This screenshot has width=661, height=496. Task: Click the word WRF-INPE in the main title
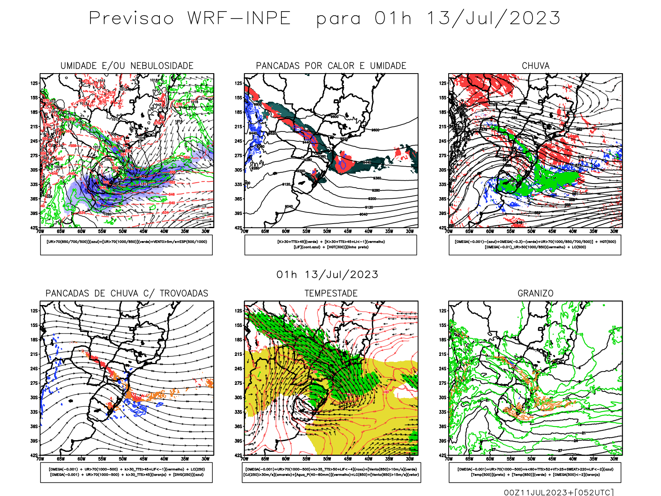tap(239, 19)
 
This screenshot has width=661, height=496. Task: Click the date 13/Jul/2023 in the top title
tap(493, 19)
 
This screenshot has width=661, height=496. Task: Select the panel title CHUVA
tap(535, 66)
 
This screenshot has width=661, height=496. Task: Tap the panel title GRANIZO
tap(535, 293)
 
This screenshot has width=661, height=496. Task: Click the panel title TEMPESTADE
tap(331, 293)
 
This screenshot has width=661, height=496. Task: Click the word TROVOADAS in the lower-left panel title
tap(184, 293)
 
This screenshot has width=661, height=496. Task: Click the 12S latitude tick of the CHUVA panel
tap(443, 83)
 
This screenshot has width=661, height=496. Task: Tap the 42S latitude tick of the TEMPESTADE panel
tap(238, 455)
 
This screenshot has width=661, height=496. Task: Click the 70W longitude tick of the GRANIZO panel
tap(449, 459)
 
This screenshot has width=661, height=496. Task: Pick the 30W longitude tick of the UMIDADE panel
tap(205, 231)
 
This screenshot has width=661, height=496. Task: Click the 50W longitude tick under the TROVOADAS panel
tap(123, 459)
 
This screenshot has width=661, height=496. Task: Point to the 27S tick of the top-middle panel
tap(238, 155)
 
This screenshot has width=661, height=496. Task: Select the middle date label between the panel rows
tap(327, 275)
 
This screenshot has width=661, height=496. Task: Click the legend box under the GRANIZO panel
tap(535, 472)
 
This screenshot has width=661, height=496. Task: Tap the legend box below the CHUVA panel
tap(535, 245)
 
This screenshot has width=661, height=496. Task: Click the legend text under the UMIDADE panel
tap(126, 242)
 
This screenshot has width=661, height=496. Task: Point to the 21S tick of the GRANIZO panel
tap(443, 354)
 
